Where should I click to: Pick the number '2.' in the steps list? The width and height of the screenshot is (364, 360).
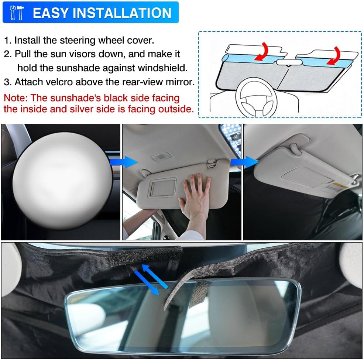click(x=8, y=54)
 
